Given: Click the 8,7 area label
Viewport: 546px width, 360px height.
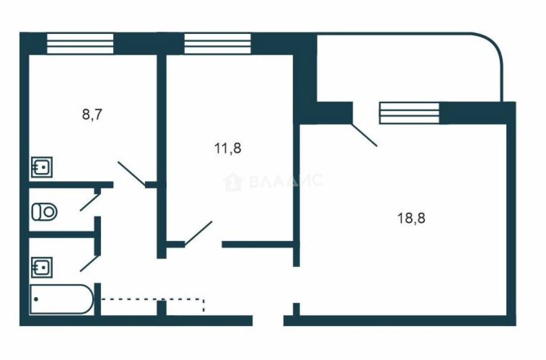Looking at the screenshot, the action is (92, 114).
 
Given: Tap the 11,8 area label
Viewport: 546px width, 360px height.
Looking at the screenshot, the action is (228, 148).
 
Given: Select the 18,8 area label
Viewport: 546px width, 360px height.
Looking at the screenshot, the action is (411, 218).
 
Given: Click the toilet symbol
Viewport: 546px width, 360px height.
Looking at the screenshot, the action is (44, 212).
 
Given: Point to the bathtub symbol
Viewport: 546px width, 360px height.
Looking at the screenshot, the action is (61, 299).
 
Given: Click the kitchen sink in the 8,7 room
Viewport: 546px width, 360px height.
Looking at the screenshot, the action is (42, 167).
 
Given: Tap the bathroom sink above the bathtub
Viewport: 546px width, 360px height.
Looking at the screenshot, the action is (42, 267).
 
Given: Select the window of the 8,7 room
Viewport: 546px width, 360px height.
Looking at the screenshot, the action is (80, 44).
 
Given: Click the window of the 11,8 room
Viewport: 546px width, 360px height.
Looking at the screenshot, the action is (218, 44).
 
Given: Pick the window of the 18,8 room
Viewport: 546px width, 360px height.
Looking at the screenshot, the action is (409, 113).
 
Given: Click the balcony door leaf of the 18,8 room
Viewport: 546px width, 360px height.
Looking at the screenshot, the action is (364, 135).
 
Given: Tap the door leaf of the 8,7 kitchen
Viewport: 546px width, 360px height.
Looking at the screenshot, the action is (131, 174).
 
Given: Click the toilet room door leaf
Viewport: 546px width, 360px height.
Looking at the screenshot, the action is (90, 202).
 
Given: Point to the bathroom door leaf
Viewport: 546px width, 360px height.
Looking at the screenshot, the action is (90, 263).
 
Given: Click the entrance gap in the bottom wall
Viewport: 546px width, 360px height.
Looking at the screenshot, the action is (268, 321).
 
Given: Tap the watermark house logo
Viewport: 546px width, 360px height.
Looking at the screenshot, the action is (233, 182).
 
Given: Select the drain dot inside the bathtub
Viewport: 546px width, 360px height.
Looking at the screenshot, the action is (36, 299).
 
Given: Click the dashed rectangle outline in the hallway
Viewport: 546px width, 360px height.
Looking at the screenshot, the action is (152, 299).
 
